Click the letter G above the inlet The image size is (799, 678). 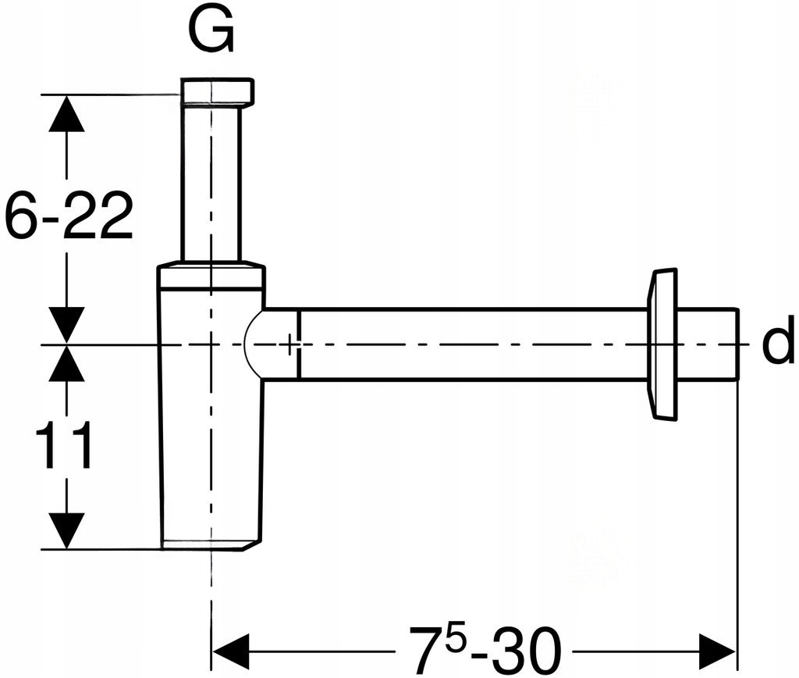click(x=211, y=33)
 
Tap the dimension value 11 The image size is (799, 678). click(x=64, y=446)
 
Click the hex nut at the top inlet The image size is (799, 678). click(x=217, y=92)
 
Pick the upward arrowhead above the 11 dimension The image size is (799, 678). click(x=66, y=363)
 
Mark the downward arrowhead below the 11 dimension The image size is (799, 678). click(x=66, y=530)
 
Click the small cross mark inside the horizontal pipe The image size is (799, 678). click(x=290, y=344)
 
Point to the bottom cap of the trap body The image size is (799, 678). click(x=210, y=544)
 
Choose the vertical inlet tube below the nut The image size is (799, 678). click(x=211, y=184)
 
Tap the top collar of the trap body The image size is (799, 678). click(x=211, y=278)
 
